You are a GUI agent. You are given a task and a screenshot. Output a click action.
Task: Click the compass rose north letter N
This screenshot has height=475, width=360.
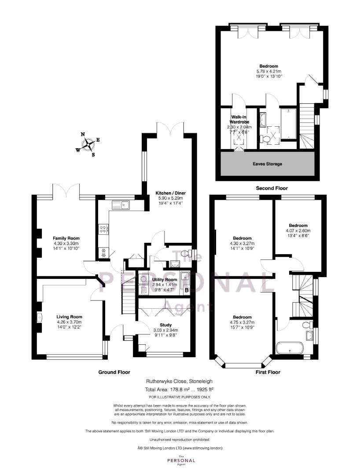pyautogui.click(x=83, y=135)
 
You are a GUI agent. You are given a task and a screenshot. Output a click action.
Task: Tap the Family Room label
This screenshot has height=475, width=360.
pyautogui.click(x=66, y=238)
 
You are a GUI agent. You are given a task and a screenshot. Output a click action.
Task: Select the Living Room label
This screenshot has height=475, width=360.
pyautogui.click(x=70, y=317)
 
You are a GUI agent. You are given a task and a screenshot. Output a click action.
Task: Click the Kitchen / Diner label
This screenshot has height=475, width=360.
pyautogui.click(x=171, y=193)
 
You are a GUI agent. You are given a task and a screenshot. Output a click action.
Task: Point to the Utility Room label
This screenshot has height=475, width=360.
pyautogui.click(x=165, y=280)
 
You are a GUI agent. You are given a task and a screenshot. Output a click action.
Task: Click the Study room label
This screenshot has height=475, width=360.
pyautogui.click(x=166, y=325)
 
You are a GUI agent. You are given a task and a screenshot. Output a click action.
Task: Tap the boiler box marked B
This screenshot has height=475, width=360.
pyautogui.click(x=187, y=290)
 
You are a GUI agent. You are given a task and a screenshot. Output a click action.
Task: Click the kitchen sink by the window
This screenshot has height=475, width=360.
pyautogui.click(x=120, y=205)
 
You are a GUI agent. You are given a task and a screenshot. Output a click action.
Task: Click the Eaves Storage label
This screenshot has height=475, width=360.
pyautogui.click(x=268, y=164)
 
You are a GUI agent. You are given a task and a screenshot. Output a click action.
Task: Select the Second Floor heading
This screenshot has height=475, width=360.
pyautogui.click(x=272, y=188)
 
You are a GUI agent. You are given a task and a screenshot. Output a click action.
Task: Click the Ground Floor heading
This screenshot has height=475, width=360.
pyautogui.click(x=114, y=372)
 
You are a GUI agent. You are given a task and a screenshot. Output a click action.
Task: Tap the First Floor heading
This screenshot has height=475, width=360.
pyautogui.click(x=268, y=372)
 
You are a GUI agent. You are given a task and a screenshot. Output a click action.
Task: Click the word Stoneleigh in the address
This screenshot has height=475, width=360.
pyautogui.click(x=202, y=381)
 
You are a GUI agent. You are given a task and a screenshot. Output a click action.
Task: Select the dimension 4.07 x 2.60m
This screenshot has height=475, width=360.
pyautogui.click(x=298, y=230)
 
